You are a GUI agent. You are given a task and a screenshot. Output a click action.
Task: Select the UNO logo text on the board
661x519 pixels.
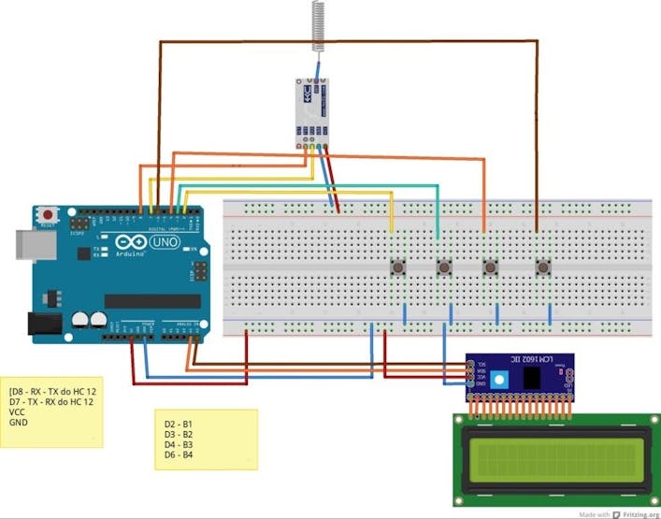(x=165, y=242)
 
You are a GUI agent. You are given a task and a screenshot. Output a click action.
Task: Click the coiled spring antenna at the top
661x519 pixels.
(x=318, y=24)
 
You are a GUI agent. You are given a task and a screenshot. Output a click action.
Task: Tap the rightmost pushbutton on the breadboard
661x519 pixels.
(x=542, y=268)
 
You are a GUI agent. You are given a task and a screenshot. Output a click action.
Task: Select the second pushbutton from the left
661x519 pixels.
(x=444, y=268)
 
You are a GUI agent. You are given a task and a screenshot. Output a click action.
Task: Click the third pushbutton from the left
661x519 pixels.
(x=489, y=268)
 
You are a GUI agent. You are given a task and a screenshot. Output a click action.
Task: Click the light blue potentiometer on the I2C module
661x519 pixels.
(x=500, y=379)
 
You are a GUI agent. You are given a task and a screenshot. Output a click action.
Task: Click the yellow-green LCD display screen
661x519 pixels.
(x=552, y=459)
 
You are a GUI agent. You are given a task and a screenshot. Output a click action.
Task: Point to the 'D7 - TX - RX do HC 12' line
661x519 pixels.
(x=51, y=401)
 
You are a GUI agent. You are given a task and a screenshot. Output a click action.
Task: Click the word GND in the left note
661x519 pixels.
(x=19, y=423)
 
